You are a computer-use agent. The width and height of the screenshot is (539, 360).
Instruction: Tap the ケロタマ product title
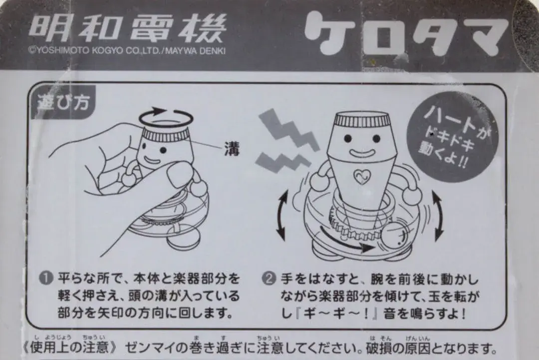click(406, 33)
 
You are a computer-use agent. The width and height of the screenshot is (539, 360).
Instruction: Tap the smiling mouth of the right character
click(362, 152)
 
